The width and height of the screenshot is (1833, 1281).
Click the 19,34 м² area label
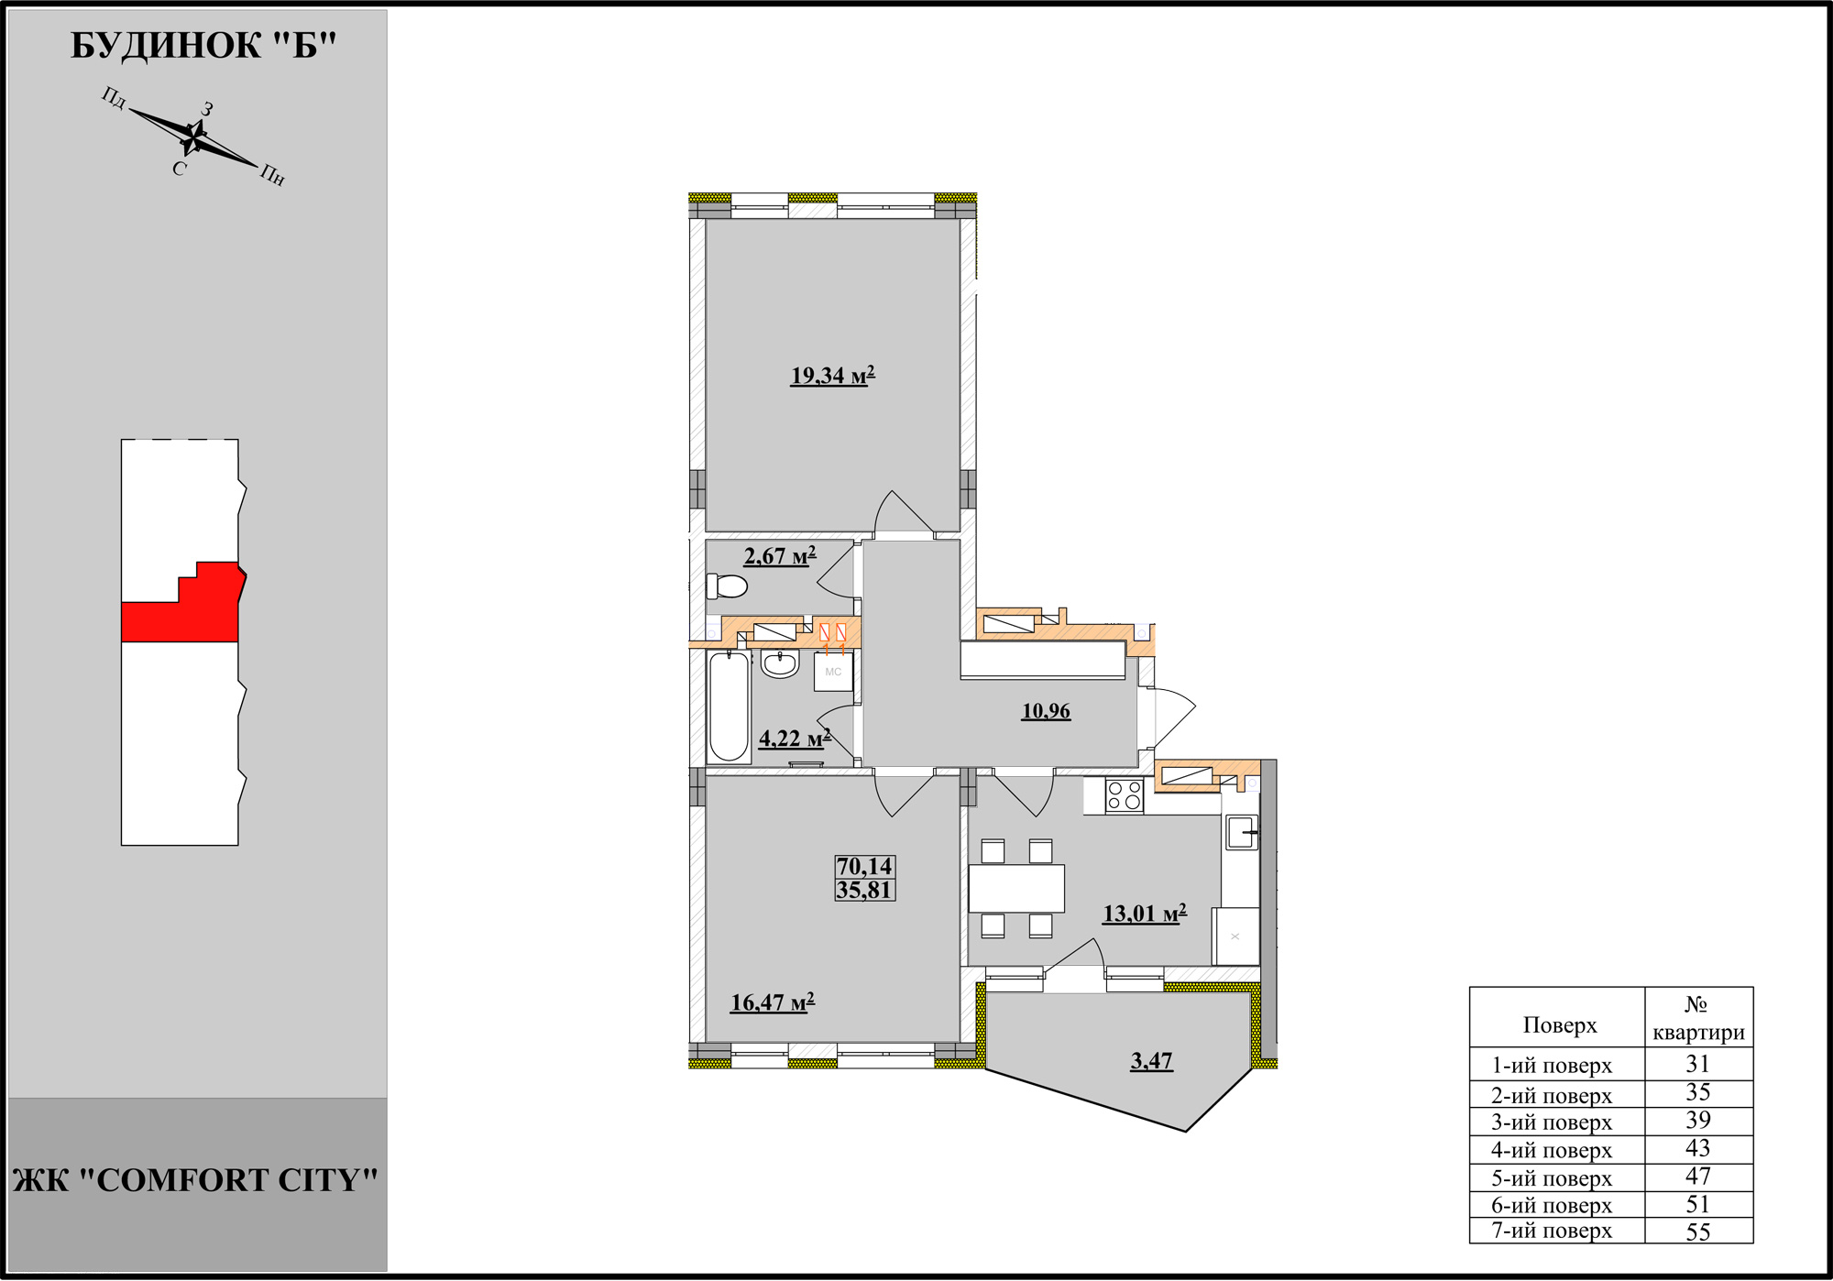click(x=832, y=376)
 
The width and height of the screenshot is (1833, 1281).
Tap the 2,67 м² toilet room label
click(x=779, y=556)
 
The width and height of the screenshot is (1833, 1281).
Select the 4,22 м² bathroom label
click(x=795, y=738)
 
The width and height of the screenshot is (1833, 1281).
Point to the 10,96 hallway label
click(x=1046, y=711)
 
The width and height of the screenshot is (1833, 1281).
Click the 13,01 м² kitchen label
click(x=1145, y=913)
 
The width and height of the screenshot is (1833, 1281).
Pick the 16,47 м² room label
click(x=772, y=1002)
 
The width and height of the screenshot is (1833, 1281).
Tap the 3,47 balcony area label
click(x=1151, y=1061)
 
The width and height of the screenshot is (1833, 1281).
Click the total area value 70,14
click(x=864, y=866)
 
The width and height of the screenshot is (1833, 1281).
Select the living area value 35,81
click(x=864, y=890)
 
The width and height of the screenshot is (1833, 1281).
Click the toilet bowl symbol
click(x=727, y=586)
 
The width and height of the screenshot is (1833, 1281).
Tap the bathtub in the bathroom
click(x=729, y=706)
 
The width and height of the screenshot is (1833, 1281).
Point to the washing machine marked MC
click(x=833, y=672)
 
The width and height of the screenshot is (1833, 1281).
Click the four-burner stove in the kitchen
click(x=1125, y=795)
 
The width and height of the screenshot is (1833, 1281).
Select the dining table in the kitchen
click(x=1016, y=888)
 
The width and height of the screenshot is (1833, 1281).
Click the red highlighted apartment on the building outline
click(x=183, y=605)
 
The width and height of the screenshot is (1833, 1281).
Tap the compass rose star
click(x=194, y=137)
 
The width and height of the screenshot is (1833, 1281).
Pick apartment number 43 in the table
click(x=1697, y=1148)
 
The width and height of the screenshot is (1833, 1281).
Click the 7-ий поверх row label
click(x=1552, y=1231)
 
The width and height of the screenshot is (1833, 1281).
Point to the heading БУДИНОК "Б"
click(x=203, y=45)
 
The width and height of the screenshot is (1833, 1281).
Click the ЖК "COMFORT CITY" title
click(x=195, y=1180)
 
